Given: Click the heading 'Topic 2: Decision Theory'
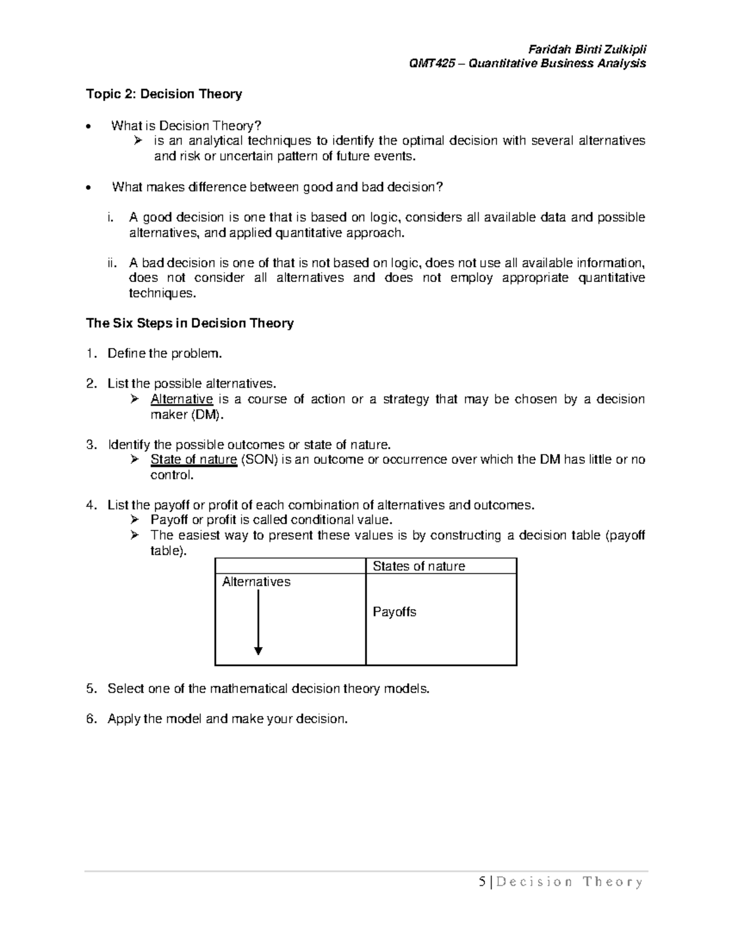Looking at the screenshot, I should [163, 94].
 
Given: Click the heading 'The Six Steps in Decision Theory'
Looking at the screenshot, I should [190, 324].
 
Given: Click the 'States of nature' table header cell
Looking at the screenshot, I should [418, 566].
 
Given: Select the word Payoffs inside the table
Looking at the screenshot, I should [394, 612].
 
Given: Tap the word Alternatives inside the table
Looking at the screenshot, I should [256, 582].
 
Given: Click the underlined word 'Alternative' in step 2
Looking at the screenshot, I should [181, 399].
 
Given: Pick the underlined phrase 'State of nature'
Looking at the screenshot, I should [193, 460].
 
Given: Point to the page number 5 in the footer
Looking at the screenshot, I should [483, 881].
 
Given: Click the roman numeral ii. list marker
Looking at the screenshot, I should [110, 263].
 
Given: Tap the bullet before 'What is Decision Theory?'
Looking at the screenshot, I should [90, 127].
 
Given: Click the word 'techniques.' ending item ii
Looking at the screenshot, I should [163, 294].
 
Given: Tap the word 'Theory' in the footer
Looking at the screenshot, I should [612, 881].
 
